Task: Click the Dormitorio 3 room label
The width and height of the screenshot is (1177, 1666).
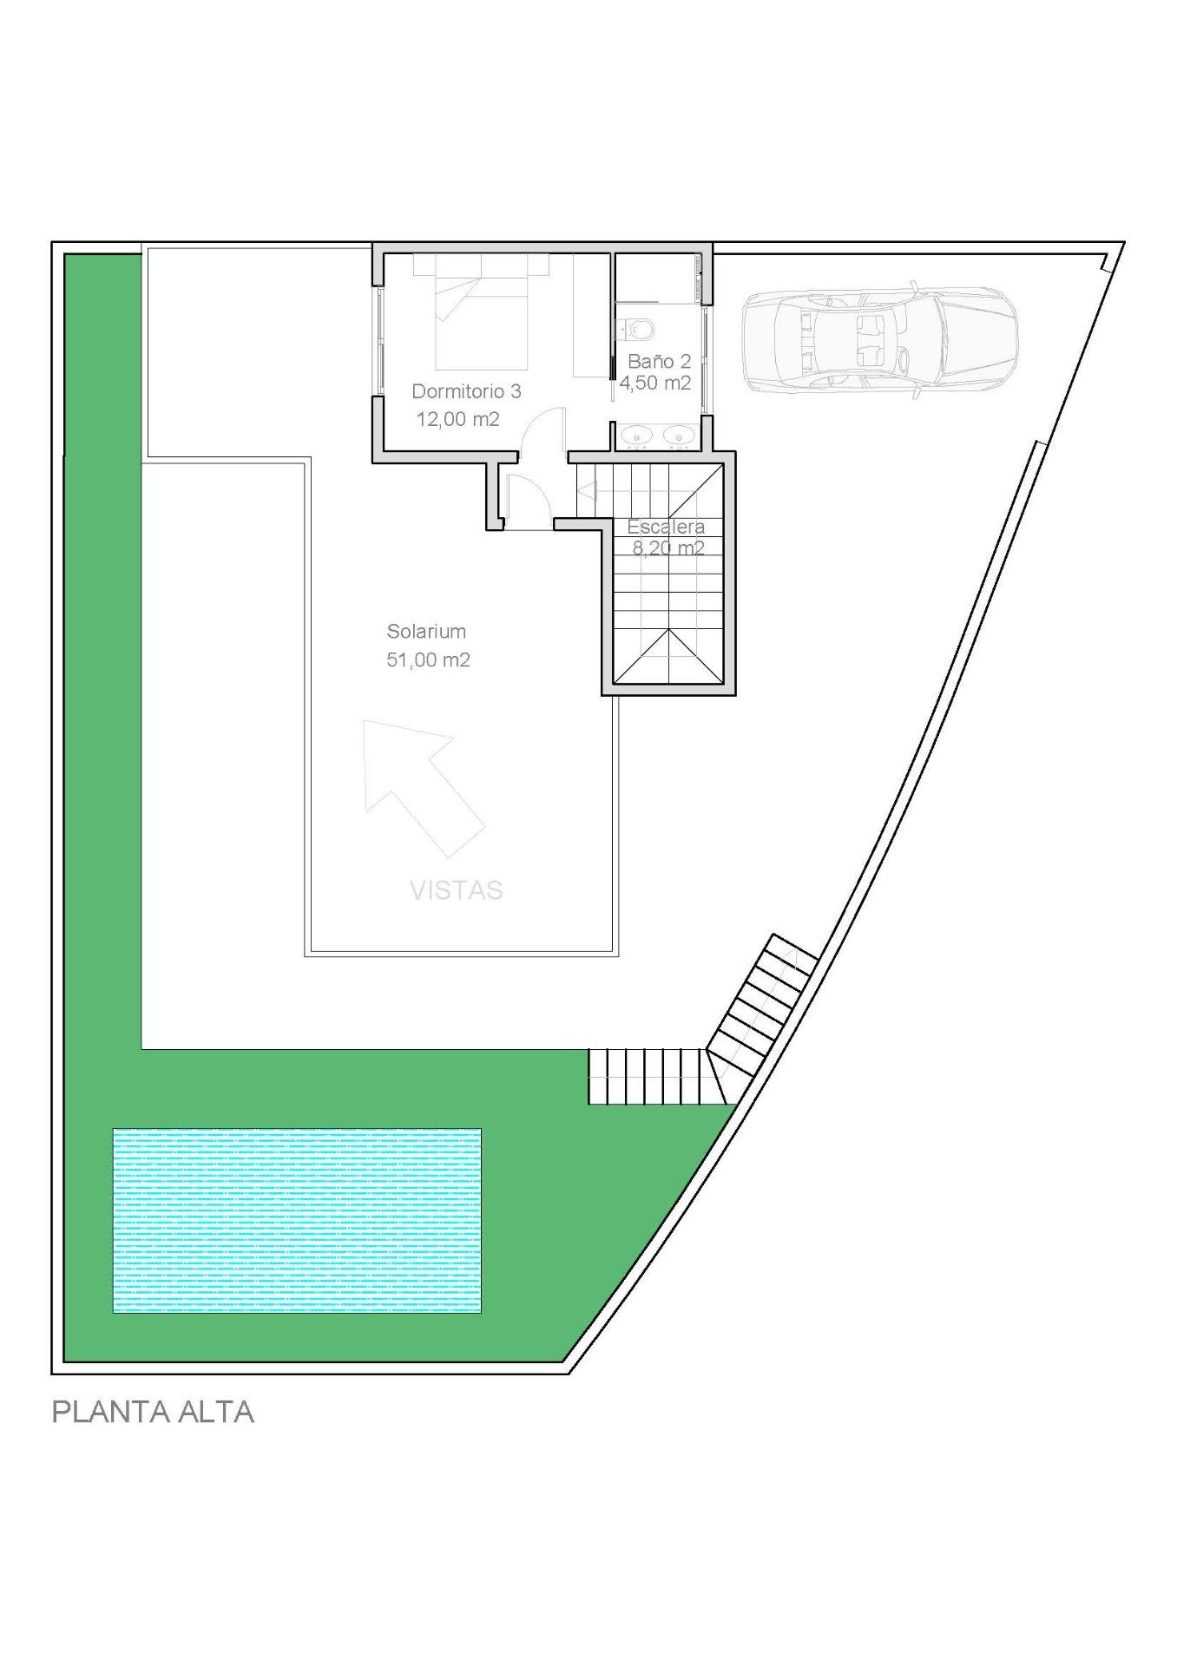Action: pyautogui.click(x=466, y=391)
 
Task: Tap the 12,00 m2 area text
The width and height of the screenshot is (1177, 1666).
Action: pyautogui.click(x=457, y=420)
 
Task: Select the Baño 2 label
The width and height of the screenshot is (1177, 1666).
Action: pyautogui.click(x=660, y=361)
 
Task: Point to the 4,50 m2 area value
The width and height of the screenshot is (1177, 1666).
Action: pyautogui.click(x=655, y=383)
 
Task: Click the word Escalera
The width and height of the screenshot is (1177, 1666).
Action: pyautogui.click(x=666, y=527)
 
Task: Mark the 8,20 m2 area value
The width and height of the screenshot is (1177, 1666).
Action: pyautogui.click(x=667, y=548)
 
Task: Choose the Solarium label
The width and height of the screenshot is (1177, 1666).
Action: pyautogui.click(x=426, y=632)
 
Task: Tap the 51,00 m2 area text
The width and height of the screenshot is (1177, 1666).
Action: pyautogui.click(x=428, y=660)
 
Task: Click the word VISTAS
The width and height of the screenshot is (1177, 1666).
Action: pyautogui.click(x=457, y=890)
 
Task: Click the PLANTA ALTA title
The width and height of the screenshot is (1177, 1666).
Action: pyautogui.click(x=153, y=1412)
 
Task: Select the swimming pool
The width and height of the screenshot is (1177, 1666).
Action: pyautogui.click(x=297, y=1220)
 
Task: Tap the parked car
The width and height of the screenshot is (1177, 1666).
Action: pyautogui.click(x=878, y=338)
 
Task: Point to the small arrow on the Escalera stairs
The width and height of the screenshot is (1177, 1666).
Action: pyautogui.click(x=599, y=493)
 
